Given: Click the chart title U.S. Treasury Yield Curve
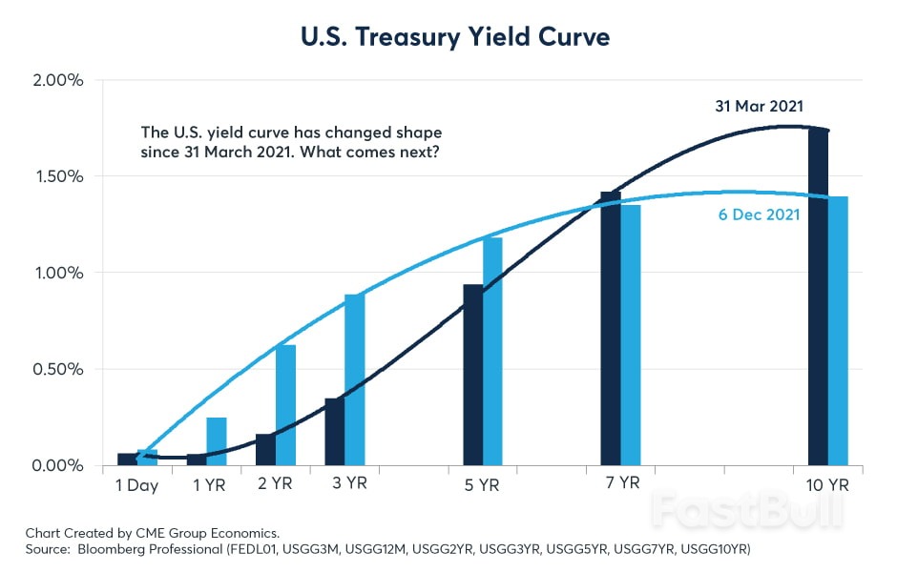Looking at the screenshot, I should coord(448,38).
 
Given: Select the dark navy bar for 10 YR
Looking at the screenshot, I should coord(818,297).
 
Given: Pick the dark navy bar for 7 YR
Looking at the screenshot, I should coord(610,329).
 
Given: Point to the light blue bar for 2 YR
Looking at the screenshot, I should coord(285,405).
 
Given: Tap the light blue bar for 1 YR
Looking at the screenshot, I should coord(217,441).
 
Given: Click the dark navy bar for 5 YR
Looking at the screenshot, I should coord(472,375).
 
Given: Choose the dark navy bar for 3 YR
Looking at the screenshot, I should coord(335,432).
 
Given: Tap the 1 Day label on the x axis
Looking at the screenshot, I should coord(136,485).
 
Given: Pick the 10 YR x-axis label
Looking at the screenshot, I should coord(826,485).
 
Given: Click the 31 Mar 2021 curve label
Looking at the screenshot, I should coord(759,106).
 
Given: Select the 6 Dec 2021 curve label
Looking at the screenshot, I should coord(759,215).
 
